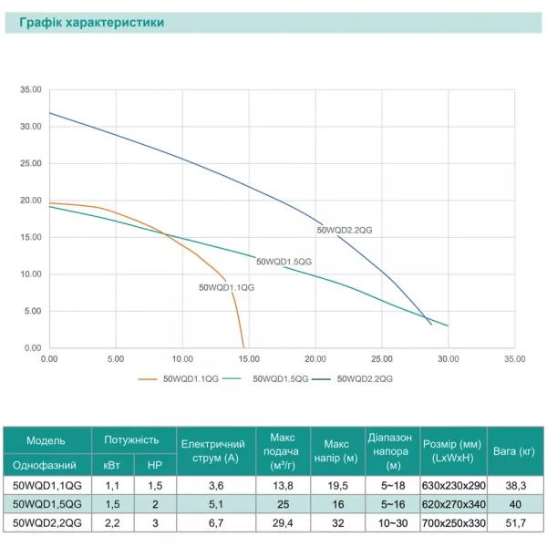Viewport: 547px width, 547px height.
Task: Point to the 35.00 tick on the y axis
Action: pos(30,89)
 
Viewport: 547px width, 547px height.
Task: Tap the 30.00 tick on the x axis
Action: pos(449,359)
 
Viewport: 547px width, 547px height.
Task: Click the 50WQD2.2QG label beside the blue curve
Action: pos(345,231)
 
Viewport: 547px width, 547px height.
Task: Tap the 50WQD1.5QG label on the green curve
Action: pos(284,262)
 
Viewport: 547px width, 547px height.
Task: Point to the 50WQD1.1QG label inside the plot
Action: pos(226,287)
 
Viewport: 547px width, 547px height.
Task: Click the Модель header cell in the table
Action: pos(46,439)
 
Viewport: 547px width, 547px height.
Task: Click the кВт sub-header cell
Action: pos(111,465)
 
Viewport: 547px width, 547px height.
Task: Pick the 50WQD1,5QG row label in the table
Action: pos(46,503)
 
